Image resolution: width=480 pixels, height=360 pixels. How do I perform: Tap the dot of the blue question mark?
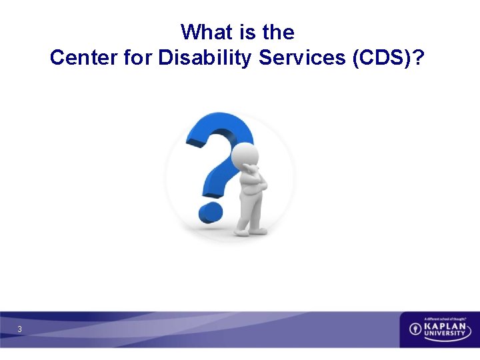pos(209,212)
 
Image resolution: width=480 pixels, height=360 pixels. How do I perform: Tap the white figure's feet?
pos(249,230)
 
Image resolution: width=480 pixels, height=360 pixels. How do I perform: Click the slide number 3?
pos(20,329)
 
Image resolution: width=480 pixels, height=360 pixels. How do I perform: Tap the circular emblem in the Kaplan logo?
pos(415,329)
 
